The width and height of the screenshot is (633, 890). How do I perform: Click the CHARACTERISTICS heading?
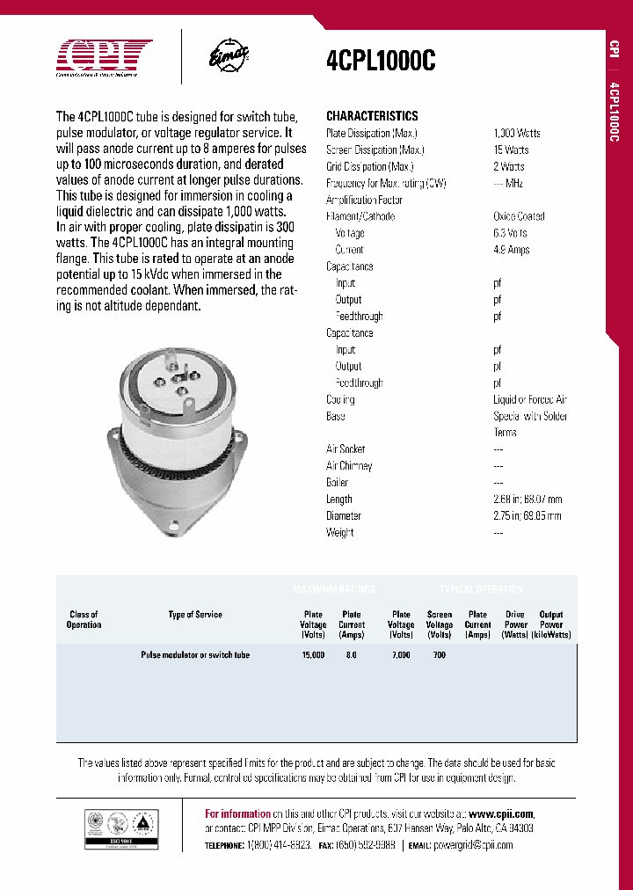[x=372, y=116]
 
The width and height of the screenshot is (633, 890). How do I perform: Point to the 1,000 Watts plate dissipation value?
[x=517, y=133]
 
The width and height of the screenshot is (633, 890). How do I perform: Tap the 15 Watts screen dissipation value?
[x=511, y=150]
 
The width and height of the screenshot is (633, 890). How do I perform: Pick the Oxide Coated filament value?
[x=519, y=216]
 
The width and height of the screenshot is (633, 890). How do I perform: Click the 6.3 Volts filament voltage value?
[x=510, y=233]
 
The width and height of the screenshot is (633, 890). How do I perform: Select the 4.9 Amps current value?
[x=511, y=250]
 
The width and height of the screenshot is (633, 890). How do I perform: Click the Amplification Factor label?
[x=364, y=200]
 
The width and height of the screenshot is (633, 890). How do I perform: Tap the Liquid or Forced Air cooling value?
[x=530, y=399]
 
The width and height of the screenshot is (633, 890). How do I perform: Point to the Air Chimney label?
[x=349, y=466]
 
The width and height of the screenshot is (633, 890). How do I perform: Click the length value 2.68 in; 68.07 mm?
[x=527, y=500]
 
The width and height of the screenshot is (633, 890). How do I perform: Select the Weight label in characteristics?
[x=340, y=533]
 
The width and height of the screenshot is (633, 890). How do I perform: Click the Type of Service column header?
[x=195, y=615]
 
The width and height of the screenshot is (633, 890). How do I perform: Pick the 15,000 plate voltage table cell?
[x=313, y=655]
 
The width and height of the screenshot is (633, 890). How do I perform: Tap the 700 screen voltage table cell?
[x=440, y=655]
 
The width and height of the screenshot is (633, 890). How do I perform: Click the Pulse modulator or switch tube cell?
[x=195, y=655]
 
